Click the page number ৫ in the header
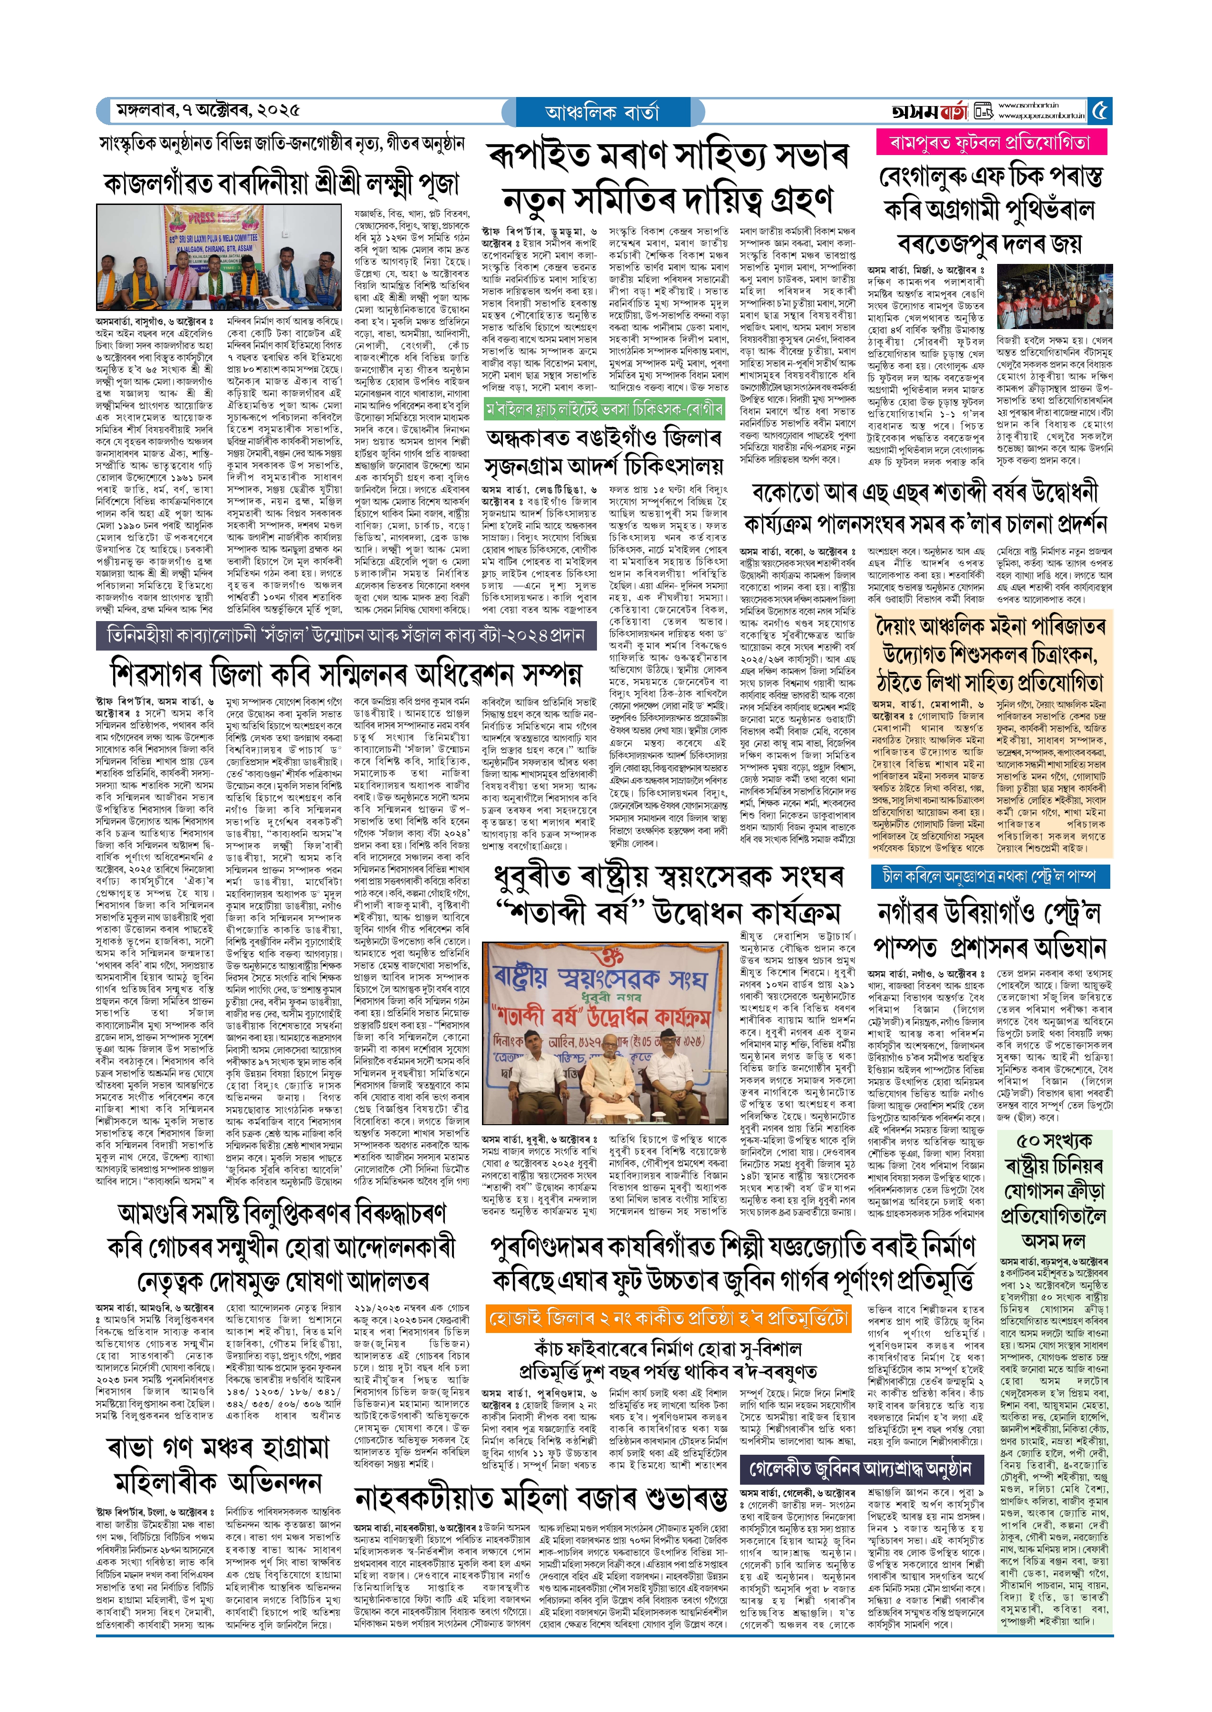(1100, 111)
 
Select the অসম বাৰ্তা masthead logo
(930, 112)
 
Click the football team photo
(1055, 297)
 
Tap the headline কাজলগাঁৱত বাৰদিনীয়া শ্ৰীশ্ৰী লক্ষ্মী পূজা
(281, 184)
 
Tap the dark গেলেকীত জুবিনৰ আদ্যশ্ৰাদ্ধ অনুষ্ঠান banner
(860, 1469)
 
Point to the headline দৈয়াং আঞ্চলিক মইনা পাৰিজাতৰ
(991, 625)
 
